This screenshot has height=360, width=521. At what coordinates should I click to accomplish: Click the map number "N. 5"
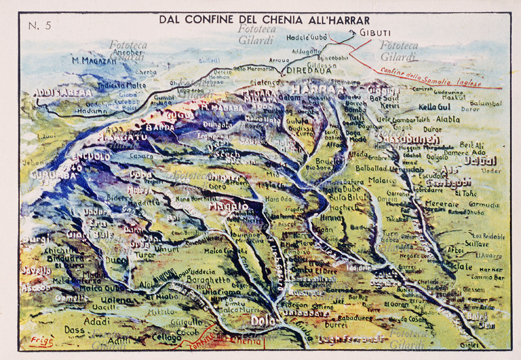(40, 26)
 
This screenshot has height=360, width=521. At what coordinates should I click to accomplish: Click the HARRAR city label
(316, 89)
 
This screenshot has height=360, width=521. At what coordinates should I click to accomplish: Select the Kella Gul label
(434, 106)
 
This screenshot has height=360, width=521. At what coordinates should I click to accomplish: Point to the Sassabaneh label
(400, 139)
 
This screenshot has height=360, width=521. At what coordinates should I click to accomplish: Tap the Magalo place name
(228, 206)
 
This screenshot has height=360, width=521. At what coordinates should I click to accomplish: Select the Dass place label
(74, 330)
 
